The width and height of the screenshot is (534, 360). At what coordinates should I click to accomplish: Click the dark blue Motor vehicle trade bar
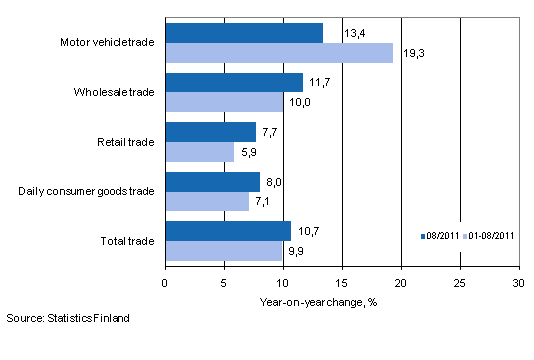tap(244, 33)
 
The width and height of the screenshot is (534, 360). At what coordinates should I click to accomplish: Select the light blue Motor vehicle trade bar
tap(279, 53)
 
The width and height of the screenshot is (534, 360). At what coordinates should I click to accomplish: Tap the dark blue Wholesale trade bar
tap(234, 82)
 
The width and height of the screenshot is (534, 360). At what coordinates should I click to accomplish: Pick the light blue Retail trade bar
tap(199, 151)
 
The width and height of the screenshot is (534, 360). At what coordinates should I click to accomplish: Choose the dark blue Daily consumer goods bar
tap(212, 181)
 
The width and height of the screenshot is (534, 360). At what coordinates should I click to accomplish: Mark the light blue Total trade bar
tap(223, 250)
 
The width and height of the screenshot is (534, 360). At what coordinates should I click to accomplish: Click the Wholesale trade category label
tap(113, 92)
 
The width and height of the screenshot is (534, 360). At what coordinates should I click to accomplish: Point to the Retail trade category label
tap(125, 142)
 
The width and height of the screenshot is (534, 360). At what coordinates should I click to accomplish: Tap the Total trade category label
tap(127, 241)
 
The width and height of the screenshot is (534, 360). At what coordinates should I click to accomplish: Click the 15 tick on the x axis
tap(342, 282)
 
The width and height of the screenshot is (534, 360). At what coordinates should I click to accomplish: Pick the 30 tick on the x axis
tap(518, 282)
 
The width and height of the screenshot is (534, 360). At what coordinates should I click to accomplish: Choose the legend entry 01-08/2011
tap(488, 237)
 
